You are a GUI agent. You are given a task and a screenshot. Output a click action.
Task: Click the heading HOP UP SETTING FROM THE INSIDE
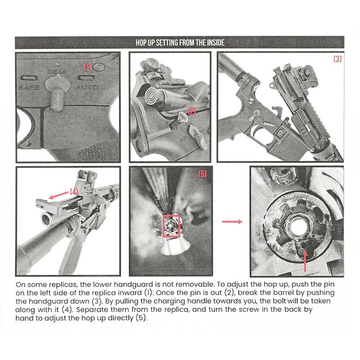pyautogui.click(x=180, y=43)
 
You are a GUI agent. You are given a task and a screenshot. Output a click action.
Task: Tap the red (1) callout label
pyautogui.click(x=87, y=67)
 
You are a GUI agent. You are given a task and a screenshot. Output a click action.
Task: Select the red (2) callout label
pyautogui.click(x=192, y=111)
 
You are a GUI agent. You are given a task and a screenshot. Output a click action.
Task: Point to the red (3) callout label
pyautogui.click(x=337, y=59)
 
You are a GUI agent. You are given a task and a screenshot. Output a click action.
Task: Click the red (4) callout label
pyautogui.click(x=74, y=191)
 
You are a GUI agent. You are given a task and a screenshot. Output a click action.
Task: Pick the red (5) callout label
pyautogui.click(x=202, y=174)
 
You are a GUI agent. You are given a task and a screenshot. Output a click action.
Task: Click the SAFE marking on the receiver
pyautogui.click(x=29, y=87)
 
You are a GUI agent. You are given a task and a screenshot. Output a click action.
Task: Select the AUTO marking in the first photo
pyautogui.click(x=87, y=87)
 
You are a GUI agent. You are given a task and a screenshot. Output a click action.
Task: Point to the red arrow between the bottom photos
pyautogui.click(x=233, y=221)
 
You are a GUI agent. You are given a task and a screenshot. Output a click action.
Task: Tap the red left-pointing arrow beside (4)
pyautogui.click(x=56, y=196)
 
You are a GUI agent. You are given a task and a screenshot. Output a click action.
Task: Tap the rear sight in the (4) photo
pyautogui.click(x=85, y=177)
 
